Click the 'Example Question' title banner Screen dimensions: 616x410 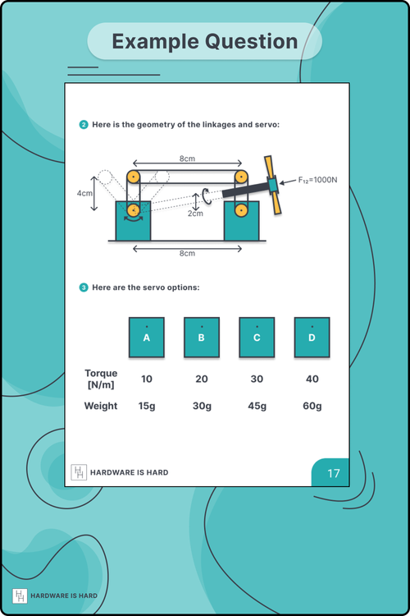(x=205, y=41)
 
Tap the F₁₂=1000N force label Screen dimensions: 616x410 (x=317, y=179)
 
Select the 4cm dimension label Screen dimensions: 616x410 (x=84, y=194)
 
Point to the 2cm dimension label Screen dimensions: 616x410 (x=194, y=214)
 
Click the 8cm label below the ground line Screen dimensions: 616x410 (x=187, y=253)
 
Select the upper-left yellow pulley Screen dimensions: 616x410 (x=133, y=177)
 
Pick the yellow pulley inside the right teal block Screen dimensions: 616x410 (x=241, y=211)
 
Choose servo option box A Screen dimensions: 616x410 (x=146, y=337)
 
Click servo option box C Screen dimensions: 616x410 (x=257, y=337)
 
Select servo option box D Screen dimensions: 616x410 (x=312, y=337)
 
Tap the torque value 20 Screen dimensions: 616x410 (x=202, y=379)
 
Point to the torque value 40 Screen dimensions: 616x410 (x=312, y=379)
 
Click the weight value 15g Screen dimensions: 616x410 (x=147, y=406)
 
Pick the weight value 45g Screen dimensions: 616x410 (x=257, y=406)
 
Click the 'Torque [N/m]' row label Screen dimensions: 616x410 (x=101, y=379)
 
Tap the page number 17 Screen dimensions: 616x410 (x=334, y=474)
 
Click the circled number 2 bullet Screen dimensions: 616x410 (x=84, y=125)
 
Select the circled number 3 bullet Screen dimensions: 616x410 (x=84, y=287)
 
